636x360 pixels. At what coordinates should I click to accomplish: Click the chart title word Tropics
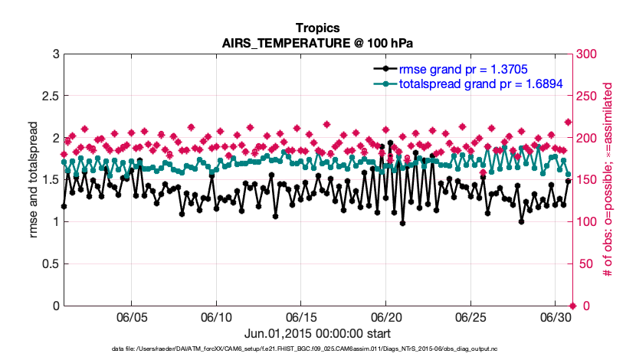tap(317, 28)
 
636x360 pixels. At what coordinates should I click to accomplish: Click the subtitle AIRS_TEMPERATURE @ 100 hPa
tap(317, 43)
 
